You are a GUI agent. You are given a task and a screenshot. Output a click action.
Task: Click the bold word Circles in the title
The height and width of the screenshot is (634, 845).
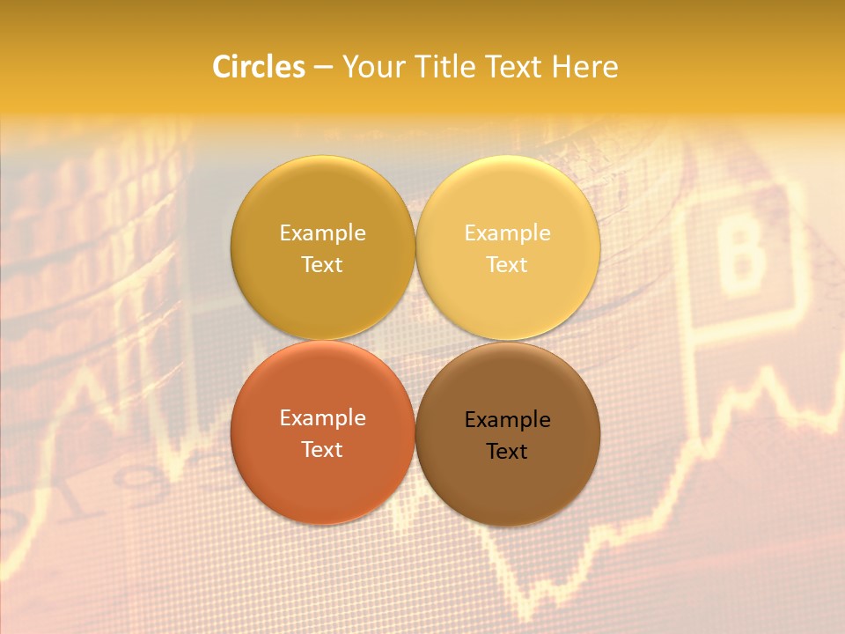[x=259, y=67]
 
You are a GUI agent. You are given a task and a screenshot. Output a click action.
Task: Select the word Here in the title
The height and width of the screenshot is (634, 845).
[x=585, y=67]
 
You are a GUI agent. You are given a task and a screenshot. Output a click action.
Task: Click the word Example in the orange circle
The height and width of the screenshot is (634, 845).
[x=322, y=417]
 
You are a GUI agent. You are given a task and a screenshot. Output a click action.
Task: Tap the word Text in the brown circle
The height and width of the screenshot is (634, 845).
[x=507, y=451]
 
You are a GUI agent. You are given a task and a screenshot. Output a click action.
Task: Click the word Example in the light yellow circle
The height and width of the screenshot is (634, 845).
[x=507, y=232]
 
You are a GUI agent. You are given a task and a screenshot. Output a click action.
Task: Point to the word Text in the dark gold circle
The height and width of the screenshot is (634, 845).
[x=322, y=264]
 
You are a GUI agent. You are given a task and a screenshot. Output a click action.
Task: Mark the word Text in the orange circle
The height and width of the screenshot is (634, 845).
[x=322, y=449]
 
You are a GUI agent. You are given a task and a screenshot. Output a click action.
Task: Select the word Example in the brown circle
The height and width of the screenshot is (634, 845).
[x=507, y=419]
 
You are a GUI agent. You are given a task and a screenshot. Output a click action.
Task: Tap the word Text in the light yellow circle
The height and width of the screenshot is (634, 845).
[x=507, y=264]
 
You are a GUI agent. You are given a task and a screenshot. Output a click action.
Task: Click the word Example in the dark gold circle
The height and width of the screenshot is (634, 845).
[x=322, y=232]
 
